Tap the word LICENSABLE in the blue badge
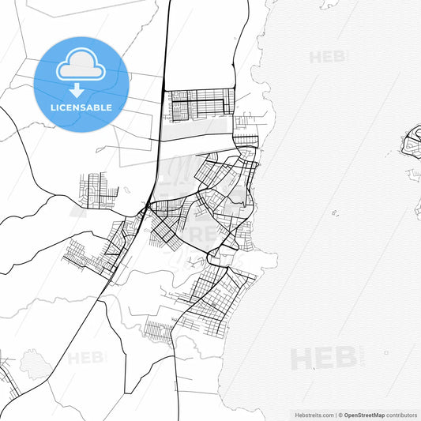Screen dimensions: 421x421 click(x=81, y=107)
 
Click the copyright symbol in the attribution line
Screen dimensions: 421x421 click(x=340, y=415)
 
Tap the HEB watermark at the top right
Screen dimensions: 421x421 click(x=326, y=57)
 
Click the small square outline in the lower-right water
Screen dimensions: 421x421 click(x=386, y=352)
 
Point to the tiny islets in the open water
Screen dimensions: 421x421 click(x=336, y=212)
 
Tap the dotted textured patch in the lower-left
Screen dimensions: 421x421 click(x=35, y=364)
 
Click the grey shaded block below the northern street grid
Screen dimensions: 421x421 click(x=197, y=129)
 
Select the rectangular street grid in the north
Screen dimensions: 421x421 click(x=199, y=103)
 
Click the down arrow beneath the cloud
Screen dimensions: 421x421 click(x=77, y=89)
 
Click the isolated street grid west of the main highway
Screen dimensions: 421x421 click(x=96, y=190)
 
